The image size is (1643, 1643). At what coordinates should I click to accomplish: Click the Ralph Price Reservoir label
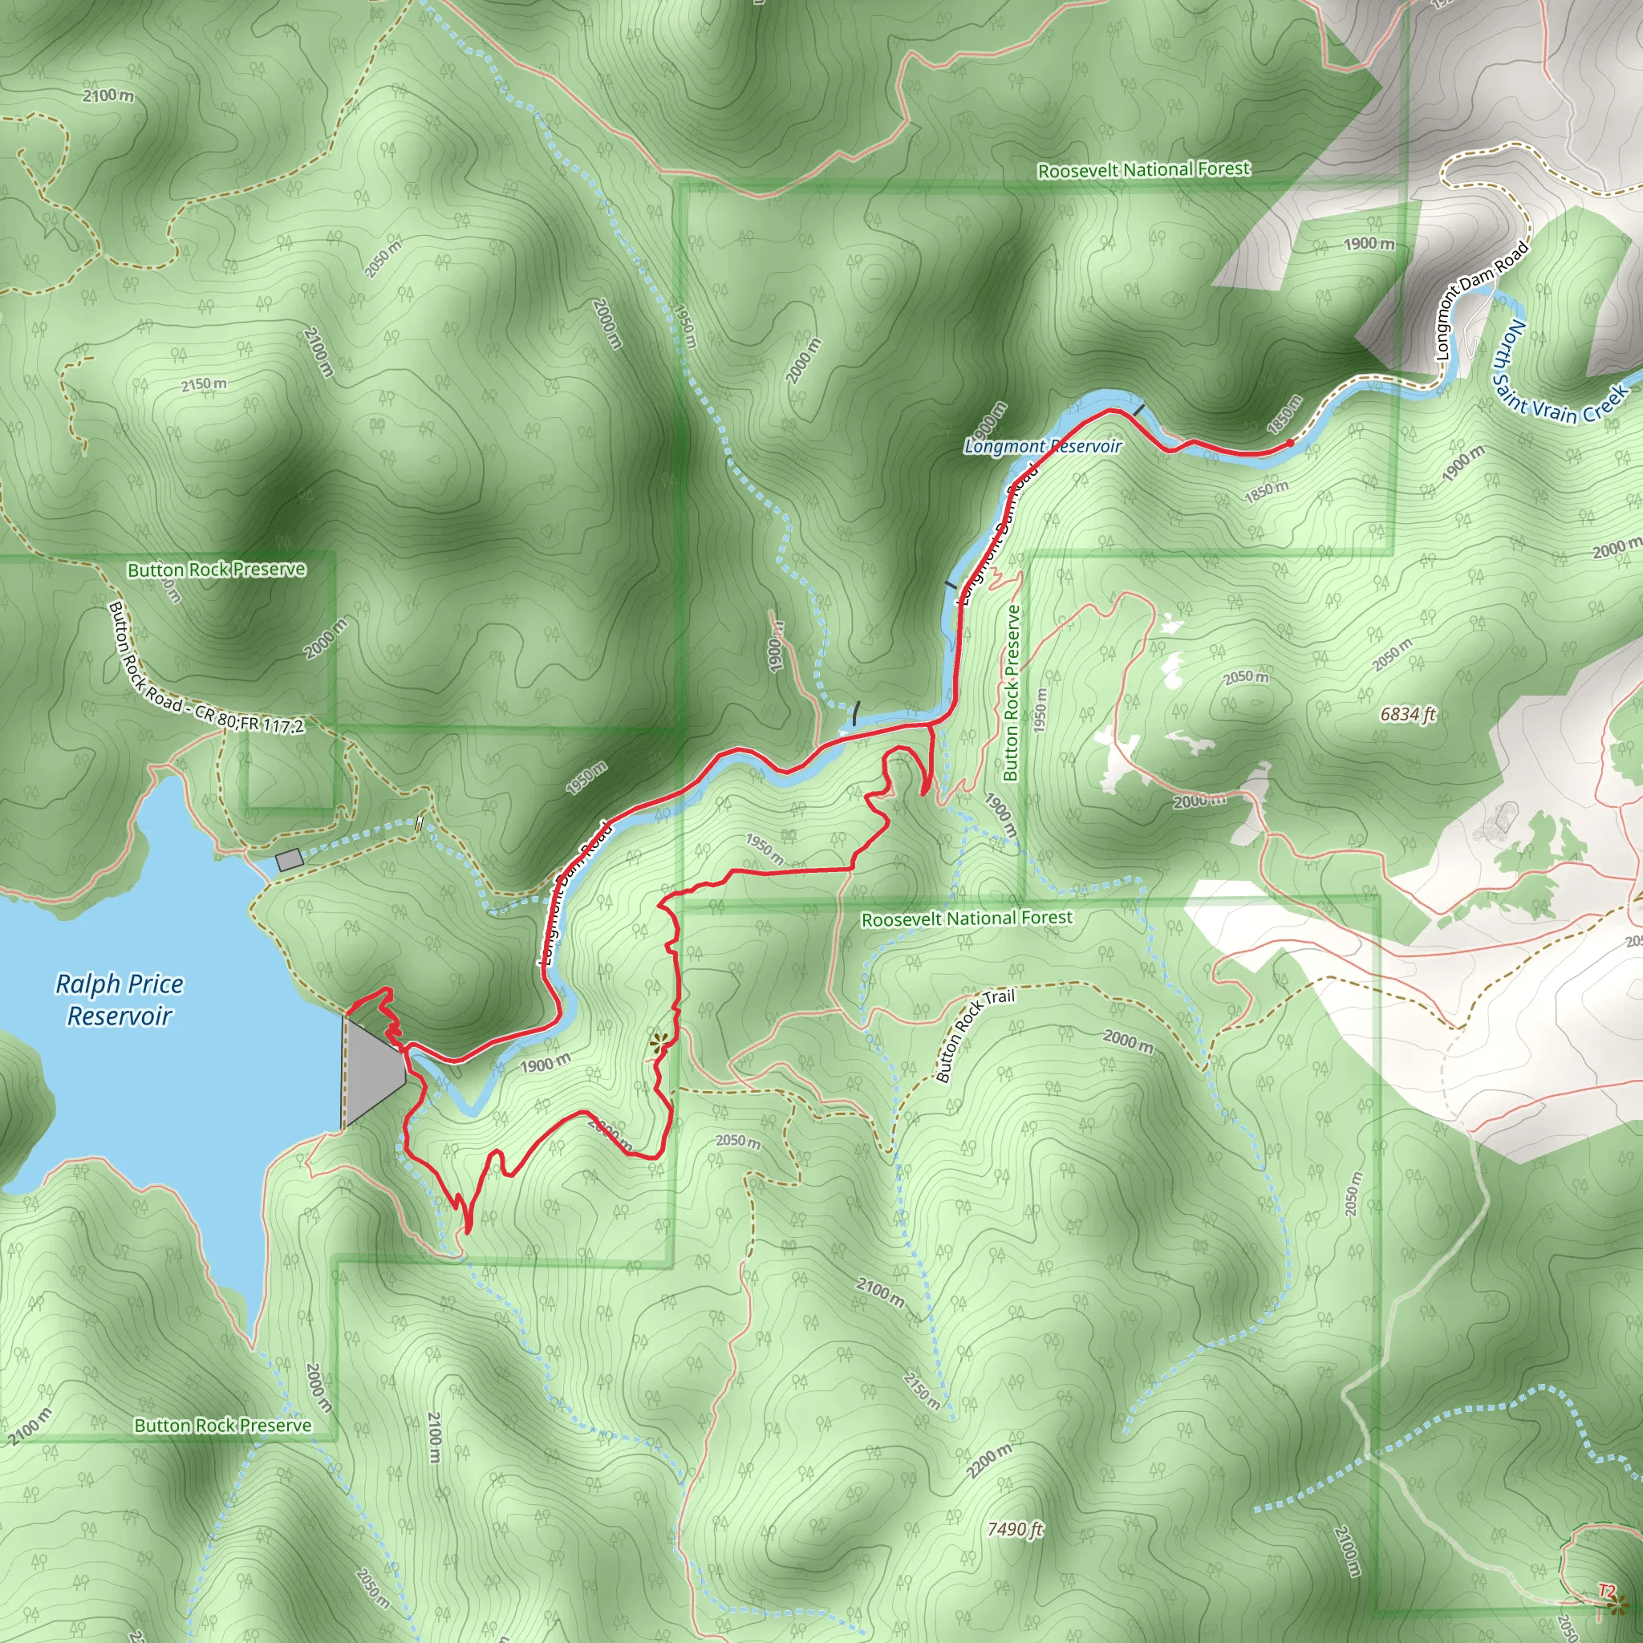coord(119,1000)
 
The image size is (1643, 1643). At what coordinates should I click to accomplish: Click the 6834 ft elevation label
coord(1407,714)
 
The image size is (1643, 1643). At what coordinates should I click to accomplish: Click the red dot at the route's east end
coord(1290,443)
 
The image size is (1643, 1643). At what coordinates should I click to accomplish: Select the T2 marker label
coord(1605,1591)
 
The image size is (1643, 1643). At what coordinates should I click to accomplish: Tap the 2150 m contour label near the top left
coord(204,384)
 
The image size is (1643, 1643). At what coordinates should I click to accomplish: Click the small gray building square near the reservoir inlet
coord(289,860)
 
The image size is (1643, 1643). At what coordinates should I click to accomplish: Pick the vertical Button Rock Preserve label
coord(1011,693)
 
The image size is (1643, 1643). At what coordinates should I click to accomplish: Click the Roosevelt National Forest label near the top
coord(1144,170)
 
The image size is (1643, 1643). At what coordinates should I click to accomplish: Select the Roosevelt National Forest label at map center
coord(967,919)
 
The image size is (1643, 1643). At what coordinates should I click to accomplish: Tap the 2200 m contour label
coord(990,1460)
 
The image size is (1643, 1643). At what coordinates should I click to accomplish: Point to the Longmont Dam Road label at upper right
coord(1482,299)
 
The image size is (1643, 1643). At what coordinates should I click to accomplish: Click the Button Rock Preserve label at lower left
coord(223,1426)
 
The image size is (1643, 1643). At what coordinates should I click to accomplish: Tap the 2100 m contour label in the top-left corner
coord(108,95)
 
